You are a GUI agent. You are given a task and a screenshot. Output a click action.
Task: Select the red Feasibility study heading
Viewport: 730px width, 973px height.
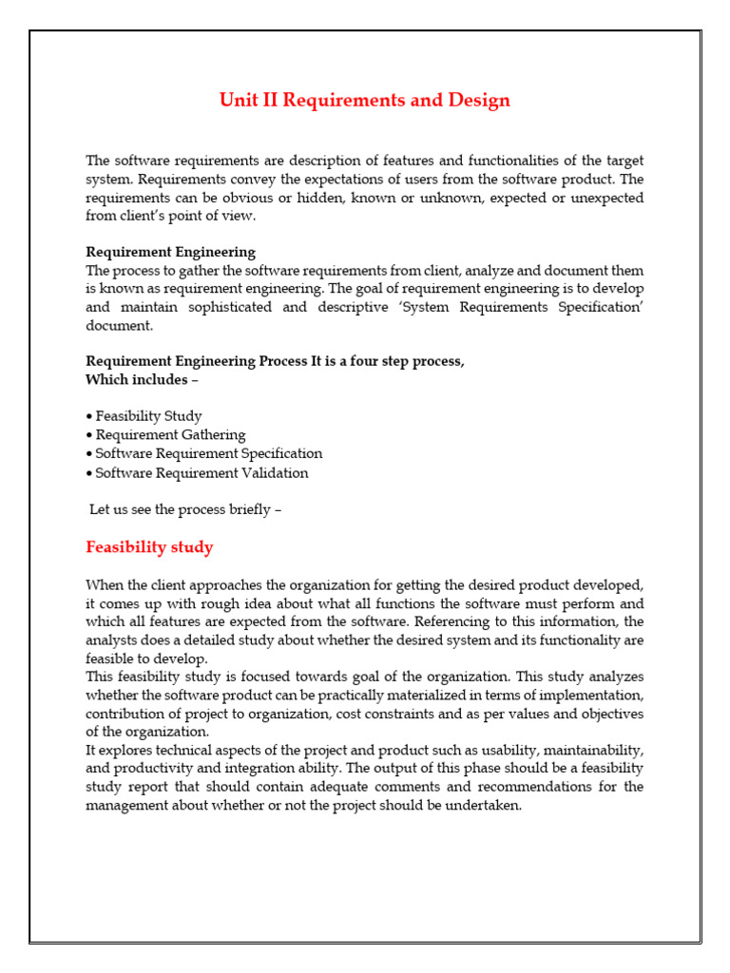click(x=149, y=547)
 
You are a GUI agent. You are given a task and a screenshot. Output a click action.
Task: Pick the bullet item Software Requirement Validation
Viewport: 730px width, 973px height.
click(x=202, y=473)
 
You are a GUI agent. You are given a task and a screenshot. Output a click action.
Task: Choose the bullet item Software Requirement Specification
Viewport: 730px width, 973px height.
click(x=209, y=454)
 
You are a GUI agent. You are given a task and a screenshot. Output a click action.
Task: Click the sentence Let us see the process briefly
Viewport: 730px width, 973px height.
click(x=185, y=509)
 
